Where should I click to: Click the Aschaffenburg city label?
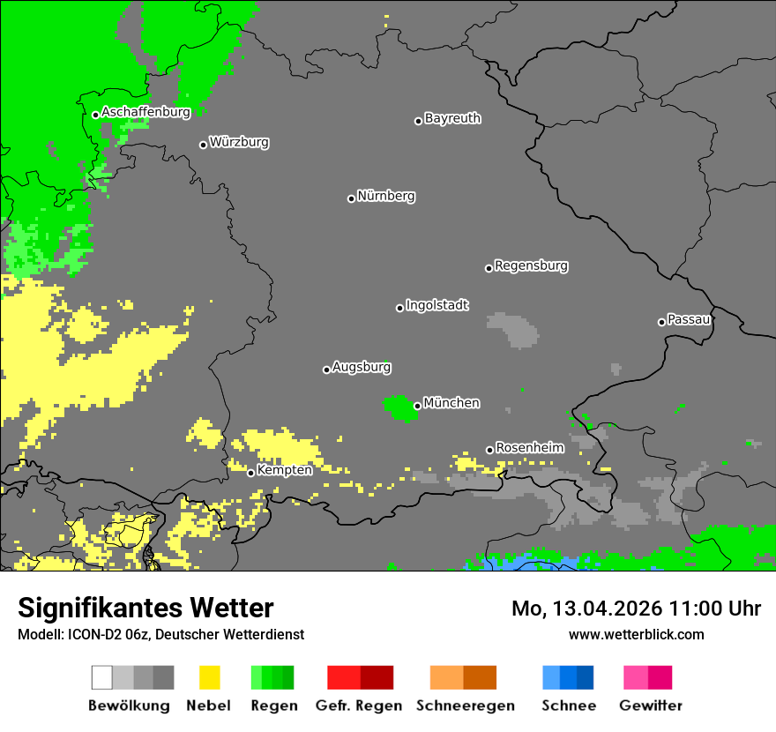click(145, 112)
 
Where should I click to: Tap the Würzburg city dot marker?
click(203, 145)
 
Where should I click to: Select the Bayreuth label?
click(452, 118)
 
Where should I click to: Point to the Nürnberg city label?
click(385, 196)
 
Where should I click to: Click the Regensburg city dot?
click(489, 268)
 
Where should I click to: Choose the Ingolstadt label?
click(436, 305)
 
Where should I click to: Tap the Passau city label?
click(689, 319)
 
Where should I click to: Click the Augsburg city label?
click(361, 367)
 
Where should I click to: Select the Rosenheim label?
click(529, 447)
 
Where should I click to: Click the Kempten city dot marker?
click(250, 473)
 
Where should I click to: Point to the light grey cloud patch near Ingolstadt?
click(511, 328)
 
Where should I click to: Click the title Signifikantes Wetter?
click(145, 608)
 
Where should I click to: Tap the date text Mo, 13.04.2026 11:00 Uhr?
click(636, 609)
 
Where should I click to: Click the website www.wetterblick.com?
click(636, 634)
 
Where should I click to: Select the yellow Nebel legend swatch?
click(210, 677)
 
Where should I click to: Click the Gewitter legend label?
click(650, 706)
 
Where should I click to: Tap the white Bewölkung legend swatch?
click(101, 677)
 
